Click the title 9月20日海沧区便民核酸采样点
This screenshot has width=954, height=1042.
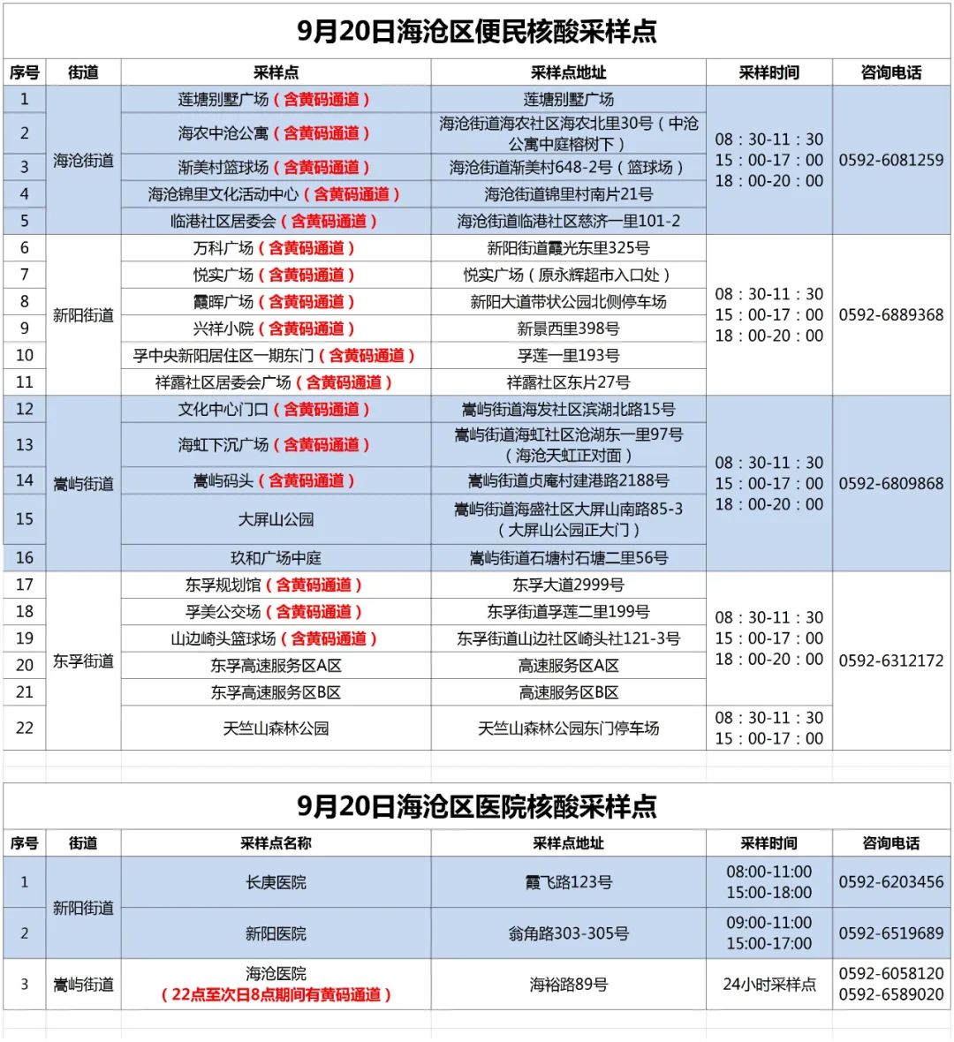tap(476, 32)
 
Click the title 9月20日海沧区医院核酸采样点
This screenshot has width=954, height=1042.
tap(476, 806)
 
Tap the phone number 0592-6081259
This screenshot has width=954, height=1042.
tap(890, 160)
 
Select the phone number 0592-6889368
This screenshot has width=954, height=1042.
tap(890, 314)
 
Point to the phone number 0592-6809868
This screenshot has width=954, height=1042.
tap(890, 483)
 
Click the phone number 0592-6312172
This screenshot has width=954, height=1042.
tap(890, 661)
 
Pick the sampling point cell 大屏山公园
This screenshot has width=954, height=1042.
tap(276, 519)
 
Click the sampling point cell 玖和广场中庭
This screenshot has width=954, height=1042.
tap(276, 558)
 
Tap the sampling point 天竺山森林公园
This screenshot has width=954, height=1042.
tap(276, 729)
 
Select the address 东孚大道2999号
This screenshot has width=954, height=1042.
tap(568, 585)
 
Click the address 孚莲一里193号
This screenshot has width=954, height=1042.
tap(568, 355)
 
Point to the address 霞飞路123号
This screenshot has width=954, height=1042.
tap(568, 882)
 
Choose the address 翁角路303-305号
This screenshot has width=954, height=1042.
tap(568, 933)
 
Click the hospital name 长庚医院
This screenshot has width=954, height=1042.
tap(276, 882)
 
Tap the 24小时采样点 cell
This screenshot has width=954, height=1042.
tap(768, 984)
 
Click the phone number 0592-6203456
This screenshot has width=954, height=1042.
tap(890, 882)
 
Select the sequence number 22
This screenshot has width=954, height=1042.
tap(25, 729)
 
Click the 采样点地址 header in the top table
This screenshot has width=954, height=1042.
tap(568, 72)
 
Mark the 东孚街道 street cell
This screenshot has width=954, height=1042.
tap(83, 661)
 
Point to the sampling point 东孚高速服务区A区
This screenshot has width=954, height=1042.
tap(276, 666)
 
